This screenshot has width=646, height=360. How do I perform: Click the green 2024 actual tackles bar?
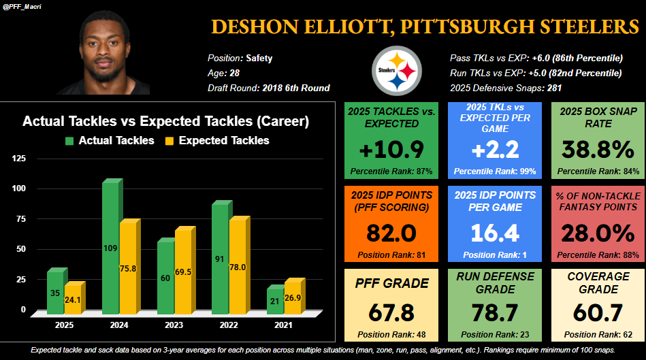point(111,248)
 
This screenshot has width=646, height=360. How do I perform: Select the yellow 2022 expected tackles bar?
point(238,266)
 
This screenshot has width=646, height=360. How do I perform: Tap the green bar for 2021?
point(274,300)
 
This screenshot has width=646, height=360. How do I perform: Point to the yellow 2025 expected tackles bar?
point(74,299)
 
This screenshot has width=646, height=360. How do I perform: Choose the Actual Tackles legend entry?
point(110,141)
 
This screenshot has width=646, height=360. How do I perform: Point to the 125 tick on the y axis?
point(19,159)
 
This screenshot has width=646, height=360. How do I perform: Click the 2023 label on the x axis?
point(173,326)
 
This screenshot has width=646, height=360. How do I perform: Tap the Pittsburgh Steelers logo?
point(396,71)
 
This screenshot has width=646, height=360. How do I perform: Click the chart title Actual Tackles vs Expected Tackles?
point(166,122)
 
